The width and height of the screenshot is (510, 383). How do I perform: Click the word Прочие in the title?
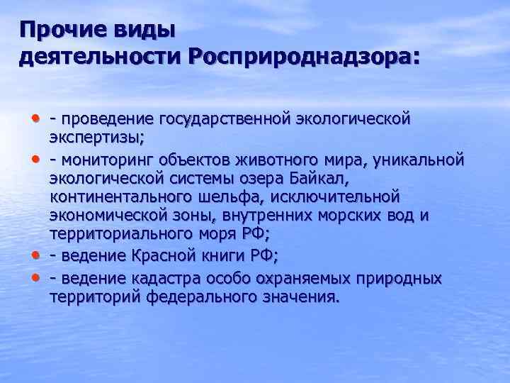pos(57,31)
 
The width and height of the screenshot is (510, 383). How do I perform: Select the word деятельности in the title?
pos(100,57)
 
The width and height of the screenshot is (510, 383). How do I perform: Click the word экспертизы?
pos(95,137)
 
